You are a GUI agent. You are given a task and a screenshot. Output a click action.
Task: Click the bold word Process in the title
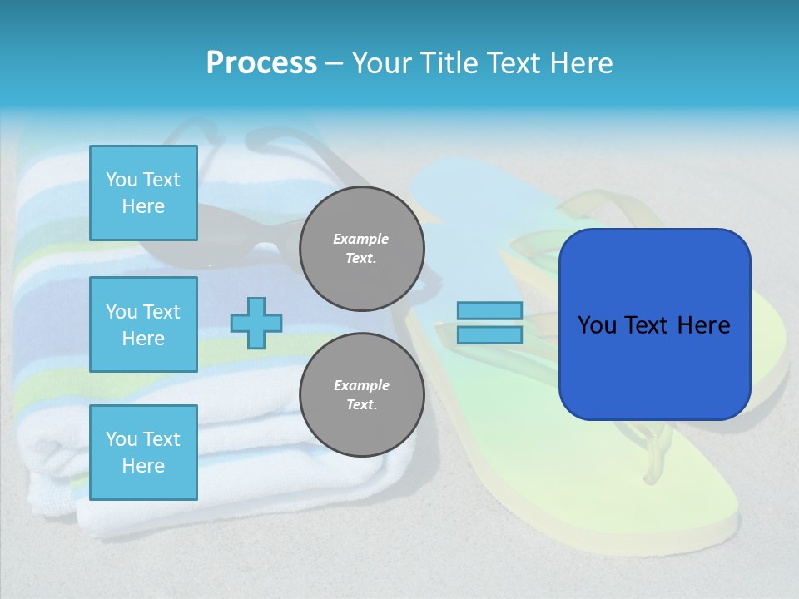(x=261, y=63)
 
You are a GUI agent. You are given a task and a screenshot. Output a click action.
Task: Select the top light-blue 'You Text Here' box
(x=143, y=193)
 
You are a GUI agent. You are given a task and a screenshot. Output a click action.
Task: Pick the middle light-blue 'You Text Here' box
(x=143, y=324)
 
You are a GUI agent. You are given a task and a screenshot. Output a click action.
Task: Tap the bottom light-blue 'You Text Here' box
(x=143, y=453)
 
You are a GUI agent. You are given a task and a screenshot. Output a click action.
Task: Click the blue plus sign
(x=256, y=323)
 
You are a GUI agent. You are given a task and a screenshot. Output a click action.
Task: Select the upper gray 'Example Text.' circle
(x=361, y=249)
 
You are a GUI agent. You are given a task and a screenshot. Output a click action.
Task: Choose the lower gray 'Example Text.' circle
(x=361, y=395)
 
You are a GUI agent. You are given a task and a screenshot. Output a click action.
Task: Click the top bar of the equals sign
(x=489, y=310)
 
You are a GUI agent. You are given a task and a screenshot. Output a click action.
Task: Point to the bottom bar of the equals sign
(x=489, y=335)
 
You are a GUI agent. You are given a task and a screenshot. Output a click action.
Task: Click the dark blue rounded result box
(x=654, y=366)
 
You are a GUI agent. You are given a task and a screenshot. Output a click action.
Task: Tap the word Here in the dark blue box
(x=703, y=325)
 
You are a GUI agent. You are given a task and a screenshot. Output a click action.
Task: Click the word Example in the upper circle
(x=361, y=239)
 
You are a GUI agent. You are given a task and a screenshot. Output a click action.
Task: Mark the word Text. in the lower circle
(x=361, y=405)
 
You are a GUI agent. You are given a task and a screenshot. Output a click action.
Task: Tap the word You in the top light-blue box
(x=122, y=180)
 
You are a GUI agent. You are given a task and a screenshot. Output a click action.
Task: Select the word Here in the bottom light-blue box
(x=143, y=466)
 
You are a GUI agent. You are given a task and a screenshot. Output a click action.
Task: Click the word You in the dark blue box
(x=597, y=325)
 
